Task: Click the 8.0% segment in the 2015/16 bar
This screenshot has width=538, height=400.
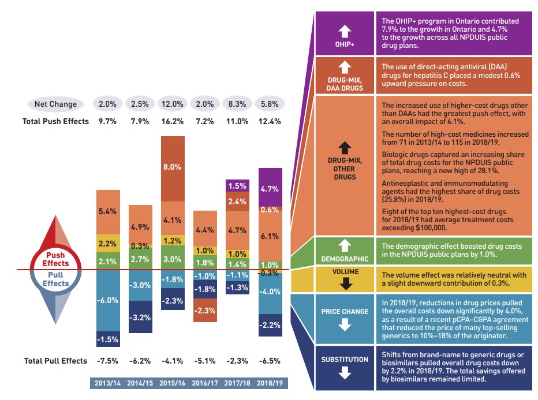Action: tap(173, 167)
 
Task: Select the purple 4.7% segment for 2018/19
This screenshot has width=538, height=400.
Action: tap(270, 188)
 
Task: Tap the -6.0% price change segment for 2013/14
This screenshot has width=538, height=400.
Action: tap(108, 300)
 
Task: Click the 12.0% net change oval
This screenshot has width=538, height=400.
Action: tap(173, 104)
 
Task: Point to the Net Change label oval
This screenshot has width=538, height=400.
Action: tap(55, 104)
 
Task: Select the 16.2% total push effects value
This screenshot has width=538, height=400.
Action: tap(173, 121)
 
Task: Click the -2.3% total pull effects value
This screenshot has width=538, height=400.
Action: tap(238, 361)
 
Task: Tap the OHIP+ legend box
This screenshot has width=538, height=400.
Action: tap(344, 34)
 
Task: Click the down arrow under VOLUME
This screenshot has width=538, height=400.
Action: tap(345, 283)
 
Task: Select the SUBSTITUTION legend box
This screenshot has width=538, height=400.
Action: tap(344, 366)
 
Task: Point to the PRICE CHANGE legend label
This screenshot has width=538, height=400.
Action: tap(345, 312)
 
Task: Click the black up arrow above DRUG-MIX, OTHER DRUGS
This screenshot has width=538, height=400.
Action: tap(345, 147)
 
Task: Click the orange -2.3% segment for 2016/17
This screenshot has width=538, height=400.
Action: tap(205, 311)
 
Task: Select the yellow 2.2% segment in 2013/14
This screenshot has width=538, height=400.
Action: tap(108, 244)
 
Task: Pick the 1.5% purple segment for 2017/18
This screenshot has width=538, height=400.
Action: tap(238, 186)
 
